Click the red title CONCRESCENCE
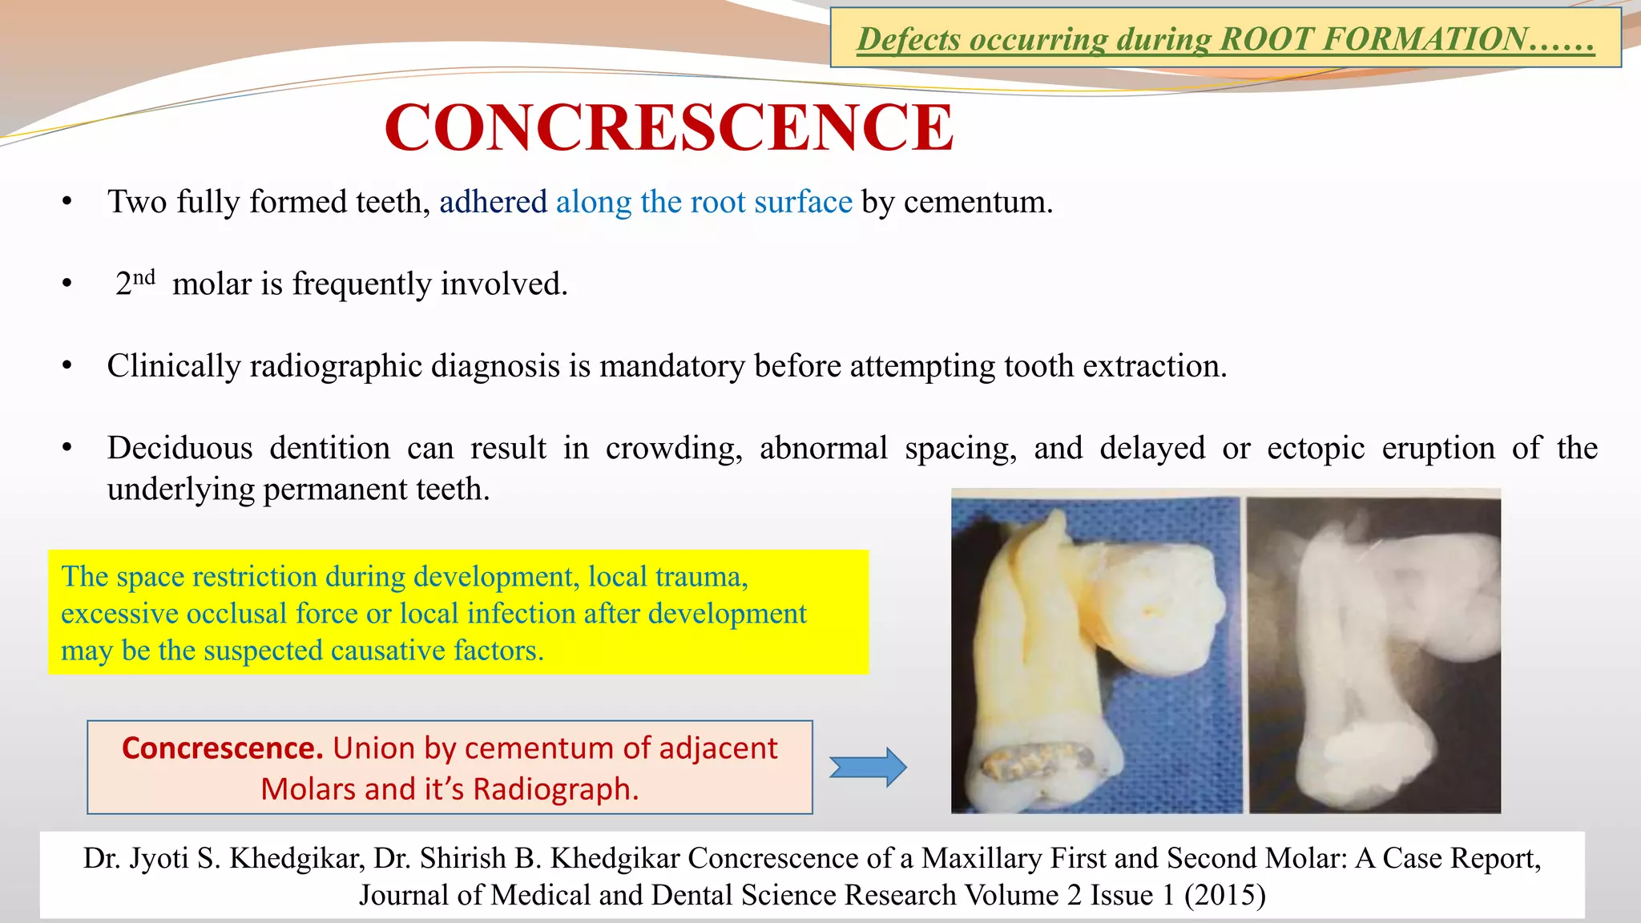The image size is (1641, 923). (669, 127)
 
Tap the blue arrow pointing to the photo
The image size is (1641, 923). (867, 767)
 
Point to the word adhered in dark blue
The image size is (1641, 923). (493, 202)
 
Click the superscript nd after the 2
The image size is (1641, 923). (144, 277)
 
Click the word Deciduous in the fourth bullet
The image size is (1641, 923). (179, 448)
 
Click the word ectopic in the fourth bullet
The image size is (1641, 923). (1316, 448)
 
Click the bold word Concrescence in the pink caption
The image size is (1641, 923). (222, 748)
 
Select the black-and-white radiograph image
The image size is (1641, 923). (1374, 654)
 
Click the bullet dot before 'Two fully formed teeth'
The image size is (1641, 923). (67, 202)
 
